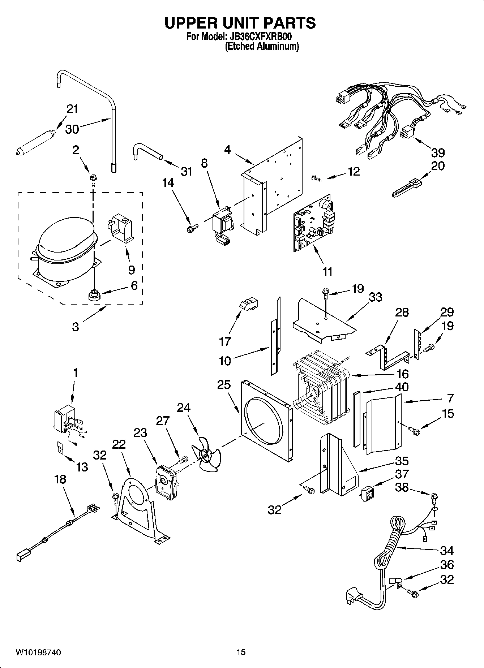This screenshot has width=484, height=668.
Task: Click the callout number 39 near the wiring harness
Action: click(438, 152)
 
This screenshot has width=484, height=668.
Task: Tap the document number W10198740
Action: click(38, 652)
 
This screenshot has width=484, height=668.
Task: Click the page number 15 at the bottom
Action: click(241, 652)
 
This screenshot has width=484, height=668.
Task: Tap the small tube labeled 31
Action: click(146, 151)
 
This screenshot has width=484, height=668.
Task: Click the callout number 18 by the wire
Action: click(60, 479)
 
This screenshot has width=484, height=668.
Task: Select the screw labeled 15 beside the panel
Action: click(414, 430)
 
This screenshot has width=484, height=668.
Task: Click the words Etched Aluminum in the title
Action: click(262, 47)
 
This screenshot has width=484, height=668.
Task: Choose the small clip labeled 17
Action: click(248, 304)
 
